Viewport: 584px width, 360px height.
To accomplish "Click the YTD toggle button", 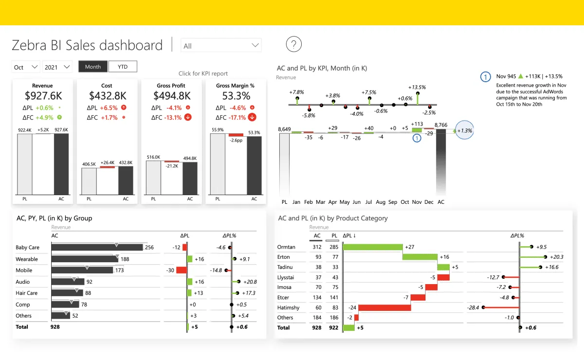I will click(x=123, y=67).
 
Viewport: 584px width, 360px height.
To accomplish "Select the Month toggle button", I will click(x=93, y=67).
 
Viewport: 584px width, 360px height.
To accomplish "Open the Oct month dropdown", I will click(x=26, y=67).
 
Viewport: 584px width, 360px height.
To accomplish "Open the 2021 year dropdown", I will click(x=57, y=67).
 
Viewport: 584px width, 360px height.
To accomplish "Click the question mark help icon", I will click(x=294, y=45).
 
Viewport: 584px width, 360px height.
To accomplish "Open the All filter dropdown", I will click(x=221, y=46).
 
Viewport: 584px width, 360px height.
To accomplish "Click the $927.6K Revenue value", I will click(x=42, y=96).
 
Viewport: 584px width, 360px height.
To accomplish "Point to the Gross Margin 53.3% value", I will click(x=236, y=96).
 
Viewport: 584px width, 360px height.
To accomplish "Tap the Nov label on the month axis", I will click(x=417, y=202).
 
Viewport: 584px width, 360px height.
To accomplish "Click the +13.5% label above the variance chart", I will click(x=418, y=88).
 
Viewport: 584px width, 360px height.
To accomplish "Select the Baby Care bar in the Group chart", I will click(x=97, y=247).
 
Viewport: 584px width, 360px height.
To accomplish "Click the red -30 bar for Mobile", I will click(x=182, y=270).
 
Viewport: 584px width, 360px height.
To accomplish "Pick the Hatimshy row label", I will click(x=288, y=307).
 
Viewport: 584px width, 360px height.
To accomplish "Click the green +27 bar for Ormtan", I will click(x=372, y=247).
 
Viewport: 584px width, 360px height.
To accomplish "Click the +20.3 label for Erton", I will click(x=555, y=257).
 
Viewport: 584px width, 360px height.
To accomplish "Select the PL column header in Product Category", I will click(x=334, y=236).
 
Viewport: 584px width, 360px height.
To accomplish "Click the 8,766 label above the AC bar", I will click(x=441, y=125).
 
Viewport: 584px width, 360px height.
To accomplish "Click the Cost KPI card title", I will click(x=107, y=86).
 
